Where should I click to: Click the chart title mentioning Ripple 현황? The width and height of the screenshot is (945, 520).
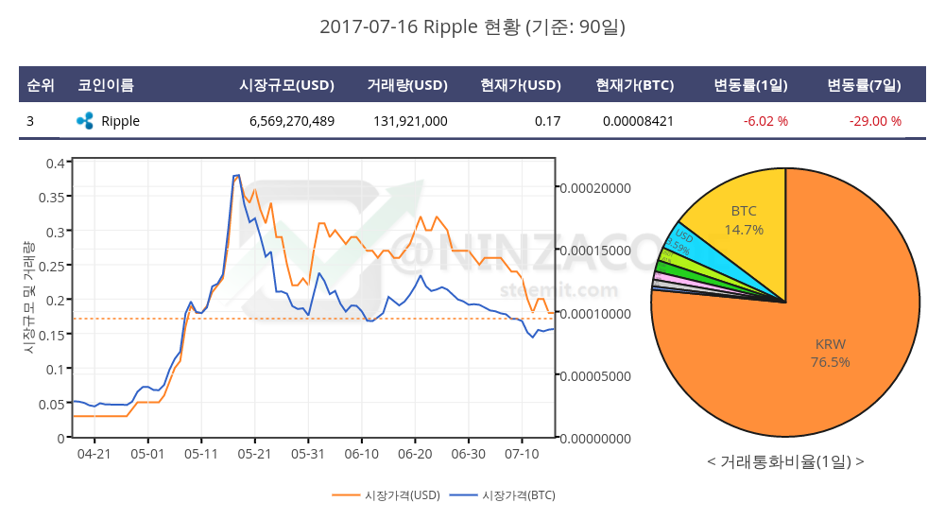tap(472, 26)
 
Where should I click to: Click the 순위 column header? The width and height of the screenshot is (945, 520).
tap(41, 85)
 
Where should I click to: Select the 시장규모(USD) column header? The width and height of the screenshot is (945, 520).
tap(286, 85)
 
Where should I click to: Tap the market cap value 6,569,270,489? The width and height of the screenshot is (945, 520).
tap(291, 121)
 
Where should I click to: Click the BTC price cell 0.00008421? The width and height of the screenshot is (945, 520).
tap(638, 121)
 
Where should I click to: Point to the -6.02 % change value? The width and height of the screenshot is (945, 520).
tap(765, 121)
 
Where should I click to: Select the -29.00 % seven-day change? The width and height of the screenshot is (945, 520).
tap(875, 121)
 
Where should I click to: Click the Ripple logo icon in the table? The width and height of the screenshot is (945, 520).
tap(85, 121)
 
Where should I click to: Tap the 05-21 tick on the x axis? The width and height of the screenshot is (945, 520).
tap(254, 454)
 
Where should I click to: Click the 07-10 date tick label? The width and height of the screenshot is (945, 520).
tap(522, 454)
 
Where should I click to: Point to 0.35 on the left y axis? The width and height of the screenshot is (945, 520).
tap(56, 197)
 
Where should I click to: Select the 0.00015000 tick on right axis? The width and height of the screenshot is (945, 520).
tap(595, 251)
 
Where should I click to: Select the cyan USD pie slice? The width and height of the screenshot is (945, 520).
tap(684, 248)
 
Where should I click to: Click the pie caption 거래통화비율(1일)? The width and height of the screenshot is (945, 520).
tap(784, 462)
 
